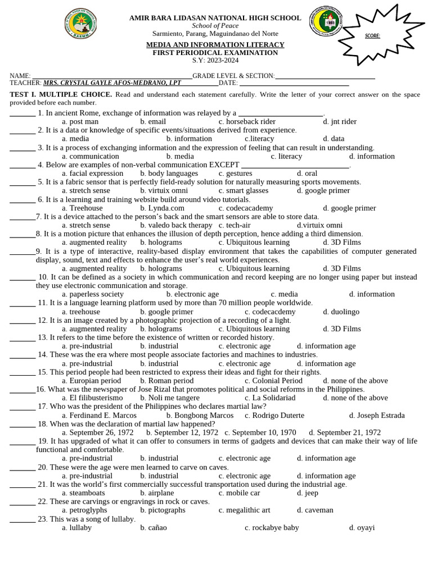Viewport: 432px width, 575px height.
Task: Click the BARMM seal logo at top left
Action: coord(81,25)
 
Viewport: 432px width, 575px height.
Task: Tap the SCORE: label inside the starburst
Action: coord(372,36)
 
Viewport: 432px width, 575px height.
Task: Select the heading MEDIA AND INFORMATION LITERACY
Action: coord(215,44)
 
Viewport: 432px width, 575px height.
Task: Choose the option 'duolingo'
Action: coord(341,312)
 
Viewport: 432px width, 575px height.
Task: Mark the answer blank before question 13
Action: coord(22,338)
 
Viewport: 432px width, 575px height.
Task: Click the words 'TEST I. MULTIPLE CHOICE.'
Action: coord(61,94)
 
